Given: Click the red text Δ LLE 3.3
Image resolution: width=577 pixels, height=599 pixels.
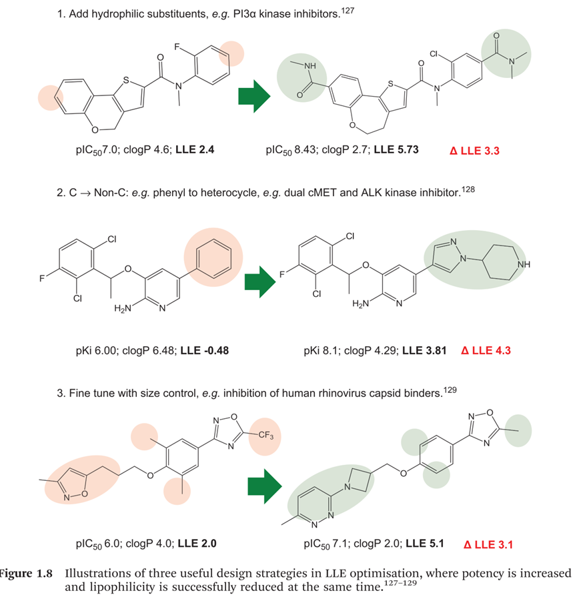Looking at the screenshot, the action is click(x=476, y=151).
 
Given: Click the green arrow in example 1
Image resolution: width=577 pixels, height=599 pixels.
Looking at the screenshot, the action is click(x=253, y=97).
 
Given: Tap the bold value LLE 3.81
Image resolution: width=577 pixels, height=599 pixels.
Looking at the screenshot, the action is click(x=430, y=350).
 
